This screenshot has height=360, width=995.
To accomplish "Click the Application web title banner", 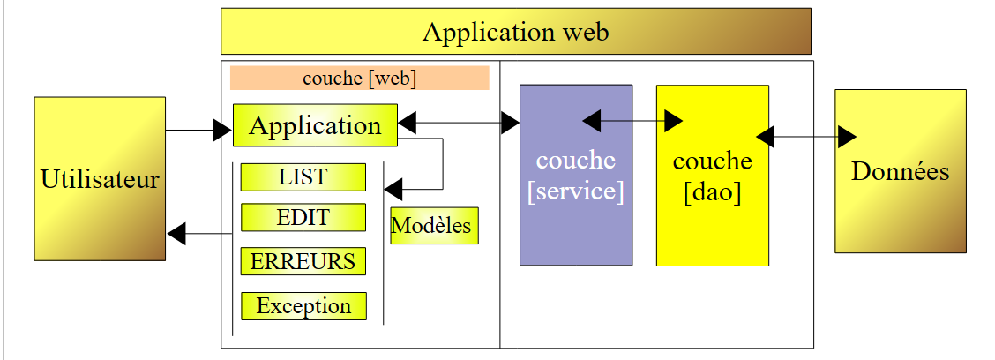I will coord(515,32).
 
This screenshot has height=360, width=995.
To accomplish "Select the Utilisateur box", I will coord(100,179).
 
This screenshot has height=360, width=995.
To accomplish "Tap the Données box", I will coord(901,171).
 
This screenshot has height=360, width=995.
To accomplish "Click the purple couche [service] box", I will coord(576,175).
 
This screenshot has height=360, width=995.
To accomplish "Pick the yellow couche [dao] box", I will coord(712,176).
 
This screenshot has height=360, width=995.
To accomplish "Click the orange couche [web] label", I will coord(359,78).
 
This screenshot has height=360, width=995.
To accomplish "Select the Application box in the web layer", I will coord(315,125).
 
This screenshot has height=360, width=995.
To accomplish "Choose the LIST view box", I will coord(303,176).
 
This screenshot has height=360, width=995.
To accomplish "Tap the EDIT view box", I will coord(303,217).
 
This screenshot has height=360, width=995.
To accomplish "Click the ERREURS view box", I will coord(303,261).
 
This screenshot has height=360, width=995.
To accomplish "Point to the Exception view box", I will coord(303,306).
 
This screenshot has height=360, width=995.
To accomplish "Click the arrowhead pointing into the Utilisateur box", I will coord(176,234).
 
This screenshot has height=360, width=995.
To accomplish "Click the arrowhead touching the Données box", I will coord(847,137).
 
